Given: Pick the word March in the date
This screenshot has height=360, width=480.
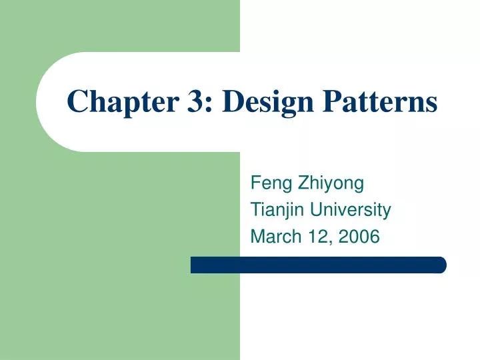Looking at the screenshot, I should pos(272,237).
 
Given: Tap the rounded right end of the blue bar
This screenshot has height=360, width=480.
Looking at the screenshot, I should pos(441,265).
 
